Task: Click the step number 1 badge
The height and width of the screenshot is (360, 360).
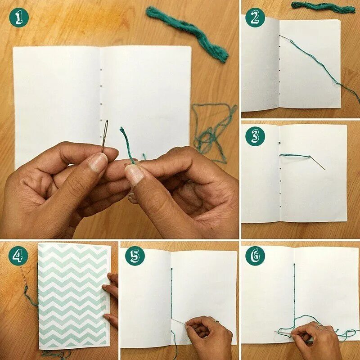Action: (19, 18)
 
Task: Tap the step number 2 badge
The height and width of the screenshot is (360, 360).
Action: (255, 18)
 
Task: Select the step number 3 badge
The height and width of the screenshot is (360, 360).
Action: (255, 136)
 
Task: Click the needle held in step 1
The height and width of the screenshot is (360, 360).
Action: (105, 135)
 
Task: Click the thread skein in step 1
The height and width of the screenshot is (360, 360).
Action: (188, 34)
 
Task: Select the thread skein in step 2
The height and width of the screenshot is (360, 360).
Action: (323, 7)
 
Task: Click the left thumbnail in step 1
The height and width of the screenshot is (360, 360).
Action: (98, 162)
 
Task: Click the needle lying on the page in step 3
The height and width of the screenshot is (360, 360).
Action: (318, 163)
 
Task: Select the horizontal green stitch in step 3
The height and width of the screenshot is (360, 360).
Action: (295, 156)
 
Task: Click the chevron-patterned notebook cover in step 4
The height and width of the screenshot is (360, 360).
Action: (74, 296)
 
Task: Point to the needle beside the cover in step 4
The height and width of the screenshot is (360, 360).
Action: (23, 275)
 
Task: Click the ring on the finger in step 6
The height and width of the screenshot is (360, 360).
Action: (319, 326)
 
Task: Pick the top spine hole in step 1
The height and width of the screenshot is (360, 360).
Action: (101, 70)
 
